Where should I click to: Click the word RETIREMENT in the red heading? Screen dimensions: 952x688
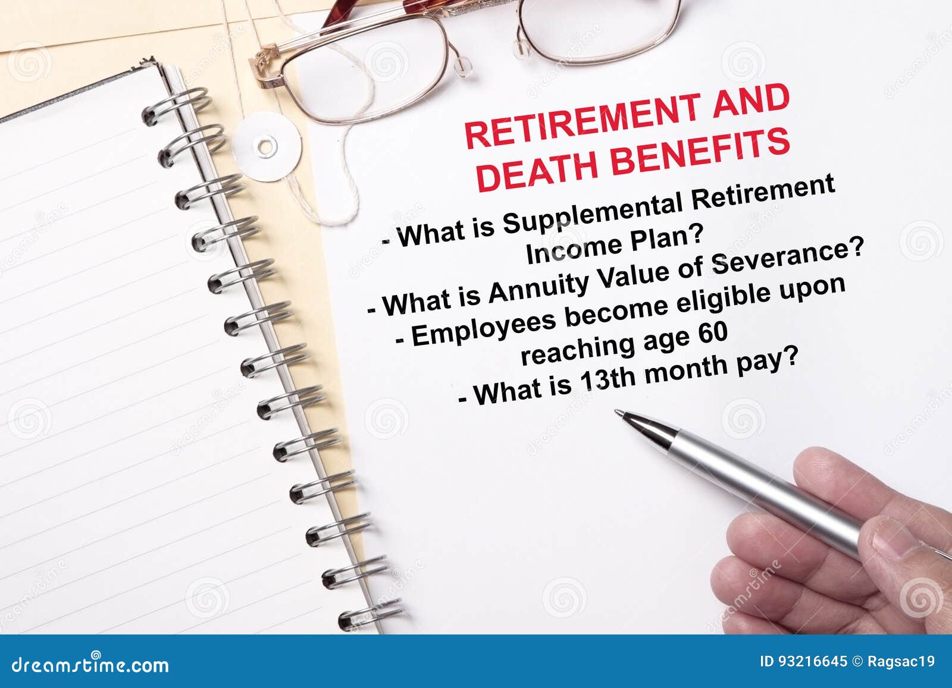[583, 121]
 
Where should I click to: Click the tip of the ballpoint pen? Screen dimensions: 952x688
[616, 411]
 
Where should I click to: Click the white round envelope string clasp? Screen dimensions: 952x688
[267, 147]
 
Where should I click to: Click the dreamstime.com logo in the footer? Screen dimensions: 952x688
[90, 664]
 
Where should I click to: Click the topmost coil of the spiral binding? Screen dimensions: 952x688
[176, 106]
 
